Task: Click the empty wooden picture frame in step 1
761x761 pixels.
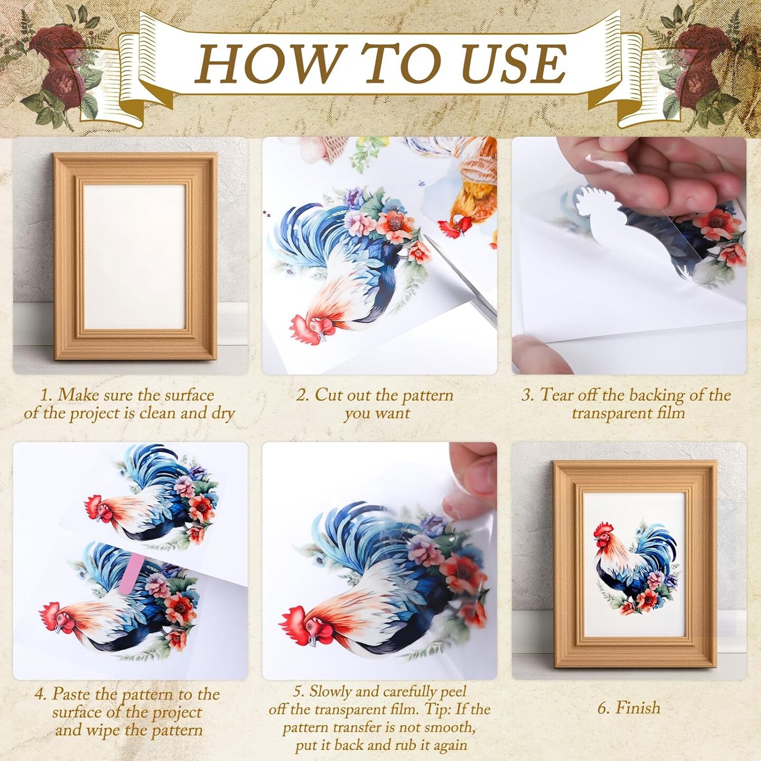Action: tap(134, 256)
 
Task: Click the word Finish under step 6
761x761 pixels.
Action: tap(637, 708)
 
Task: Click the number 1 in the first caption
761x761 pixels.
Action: tap(45, 395)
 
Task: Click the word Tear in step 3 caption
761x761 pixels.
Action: tap(556, 395)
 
